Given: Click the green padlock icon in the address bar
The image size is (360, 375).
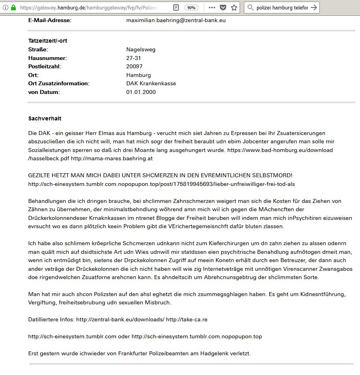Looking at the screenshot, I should click(13, 7).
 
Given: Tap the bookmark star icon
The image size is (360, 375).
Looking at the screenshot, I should click(234, 7).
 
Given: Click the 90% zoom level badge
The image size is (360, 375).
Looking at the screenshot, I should click(191, 7).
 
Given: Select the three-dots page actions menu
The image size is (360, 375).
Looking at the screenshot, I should click(212, 7).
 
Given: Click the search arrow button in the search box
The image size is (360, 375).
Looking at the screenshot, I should click(313, 7).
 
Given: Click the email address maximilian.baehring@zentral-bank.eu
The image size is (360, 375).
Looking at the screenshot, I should click(176, 20).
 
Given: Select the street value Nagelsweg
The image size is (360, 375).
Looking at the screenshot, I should click(141, 49).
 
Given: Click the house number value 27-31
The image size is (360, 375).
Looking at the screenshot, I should click(134, 58).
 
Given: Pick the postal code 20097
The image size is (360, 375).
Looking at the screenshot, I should click(134, 66).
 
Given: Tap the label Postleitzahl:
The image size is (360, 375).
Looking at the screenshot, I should click(45, 66).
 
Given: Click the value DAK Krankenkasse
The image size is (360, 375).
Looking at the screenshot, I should click(151, 83).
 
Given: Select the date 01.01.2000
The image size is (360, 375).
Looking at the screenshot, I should click(141, 92).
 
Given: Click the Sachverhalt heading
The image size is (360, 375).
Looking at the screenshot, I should click(45, 118).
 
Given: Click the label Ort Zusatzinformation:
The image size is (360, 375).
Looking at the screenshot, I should click(59, 83).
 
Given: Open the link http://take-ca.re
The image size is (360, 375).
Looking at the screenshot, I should click(187, 319).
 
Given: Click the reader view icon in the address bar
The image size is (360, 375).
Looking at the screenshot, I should click(176, 7).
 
